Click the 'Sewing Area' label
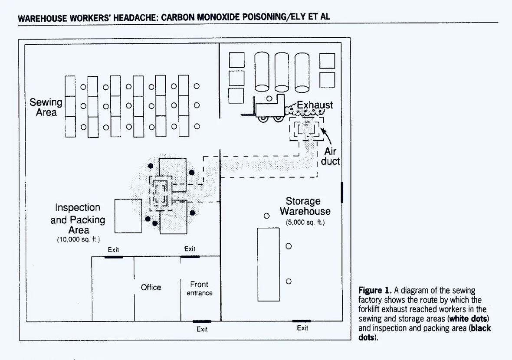[x=46, y=107]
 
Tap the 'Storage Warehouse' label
[x=305, y=206]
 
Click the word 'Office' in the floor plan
[x=151, y=287]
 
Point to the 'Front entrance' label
[x=200, y=288]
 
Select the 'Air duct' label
[x=330, y=157]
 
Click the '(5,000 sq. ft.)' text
[x=305, y=223]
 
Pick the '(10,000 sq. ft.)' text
[x=79, y=239]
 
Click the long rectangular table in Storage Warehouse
[x=268, y=264]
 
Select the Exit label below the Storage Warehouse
[x=302, y=328]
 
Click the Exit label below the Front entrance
[x=202, y=329]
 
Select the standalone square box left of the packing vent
[x=128, y=216]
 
